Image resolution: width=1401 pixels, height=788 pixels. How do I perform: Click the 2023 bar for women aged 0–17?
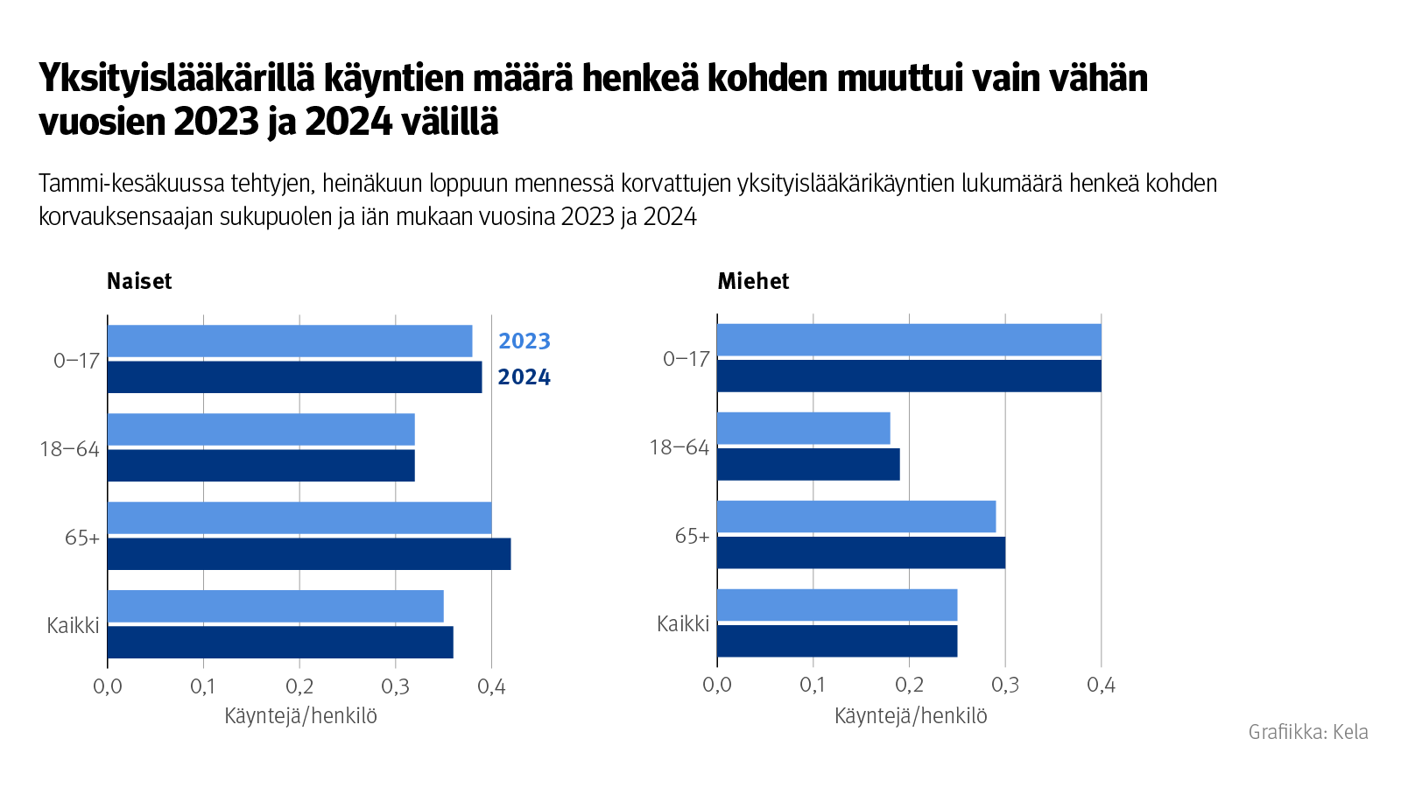[289, 341]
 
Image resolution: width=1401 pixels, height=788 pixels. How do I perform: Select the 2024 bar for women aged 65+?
[308, 554]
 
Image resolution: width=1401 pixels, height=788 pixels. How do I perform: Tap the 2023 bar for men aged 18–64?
[803, 428]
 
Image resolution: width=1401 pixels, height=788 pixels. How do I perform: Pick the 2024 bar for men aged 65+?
[861, 552]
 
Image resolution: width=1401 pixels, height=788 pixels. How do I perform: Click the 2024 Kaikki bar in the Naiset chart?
[280, 642]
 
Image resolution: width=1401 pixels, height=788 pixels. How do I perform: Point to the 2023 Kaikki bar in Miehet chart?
[836, 605]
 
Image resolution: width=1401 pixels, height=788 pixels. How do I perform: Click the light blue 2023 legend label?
[524, 341]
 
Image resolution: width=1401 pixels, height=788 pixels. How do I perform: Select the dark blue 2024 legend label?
[524, 377]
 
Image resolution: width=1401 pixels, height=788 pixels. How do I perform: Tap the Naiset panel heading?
[139, 281]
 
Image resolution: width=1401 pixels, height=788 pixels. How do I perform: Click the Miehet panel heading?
[753, 281]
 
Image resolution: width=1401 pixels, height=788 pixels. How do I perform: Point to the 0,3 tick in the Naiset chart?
[396, 686]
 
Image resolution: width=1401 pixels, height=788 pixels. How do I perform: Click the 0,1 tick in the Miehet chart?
[813, 685]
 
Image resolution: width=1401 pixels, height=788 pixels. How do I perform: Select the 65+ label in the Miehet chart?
[692, 536]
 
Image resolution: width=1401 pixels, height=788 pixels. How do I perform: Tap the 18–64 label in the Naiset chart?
[69, 449]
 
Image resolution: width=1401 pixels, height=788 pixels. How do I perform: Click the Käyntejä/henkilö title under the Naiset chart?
[300, 716]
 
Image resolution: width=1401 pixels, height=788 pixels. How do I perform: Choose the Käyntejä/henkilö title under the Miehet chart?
[911, 716]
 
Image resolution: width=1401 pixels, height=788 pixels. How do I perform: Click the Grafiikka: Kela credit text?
[1307, 732]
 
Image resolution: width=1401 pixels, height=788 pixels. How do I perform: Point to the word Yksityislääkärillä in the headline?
[176, 79]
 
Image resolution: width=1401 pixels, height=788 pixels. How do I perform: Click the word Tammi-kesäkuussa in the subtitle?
[130, 184]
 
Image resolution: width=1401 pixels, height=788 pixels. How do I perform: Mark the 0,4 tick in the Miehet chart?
[1101, 685]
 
